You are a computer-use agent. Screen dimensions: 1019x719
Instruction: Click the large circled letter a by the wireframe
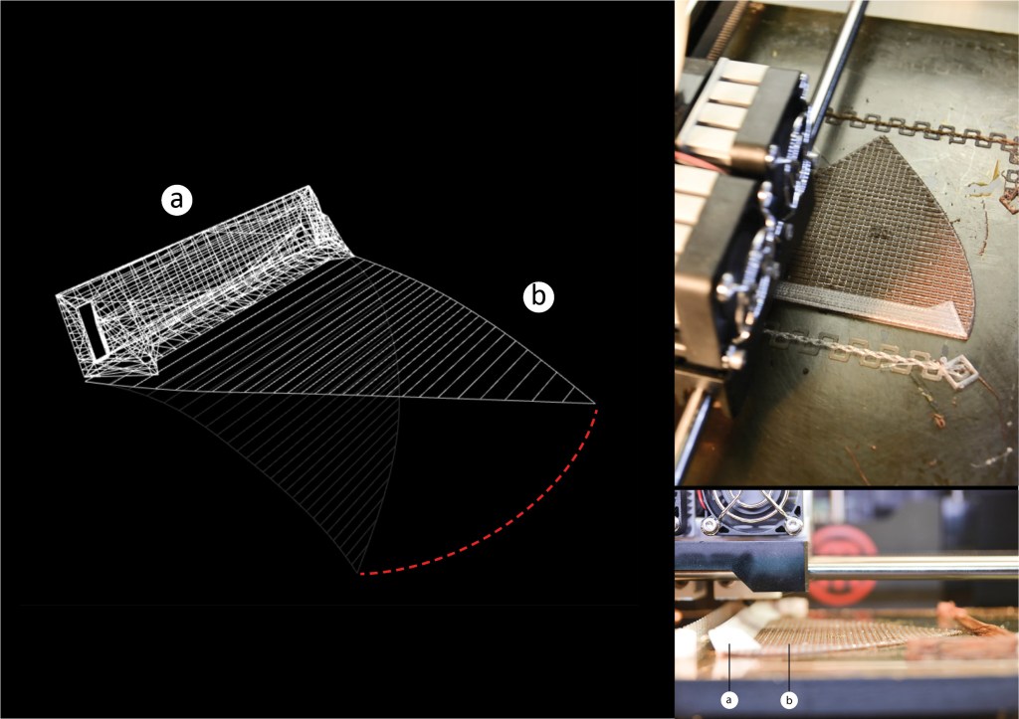click(x=177, y=200)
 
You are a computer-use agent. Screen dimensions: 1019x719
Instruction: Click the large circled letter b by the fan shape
click(x=538, y=296)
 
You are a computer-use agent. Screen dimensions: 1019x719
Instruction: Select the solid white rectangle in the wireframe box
click(x=93, y=330)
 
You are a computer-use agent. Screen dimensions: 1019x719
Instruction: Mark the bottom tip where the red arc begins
click(x=358, y=574)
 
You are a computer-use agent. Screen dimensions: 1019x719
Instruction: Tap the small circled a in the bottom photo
click(x=729, y=699)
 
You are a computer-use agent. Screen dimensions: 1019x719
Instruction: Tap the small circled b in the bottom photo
click(x=789, y=699)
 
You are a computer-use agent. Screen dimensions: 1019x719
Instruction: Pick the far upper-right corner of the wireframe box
click(x=310, y=187)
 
